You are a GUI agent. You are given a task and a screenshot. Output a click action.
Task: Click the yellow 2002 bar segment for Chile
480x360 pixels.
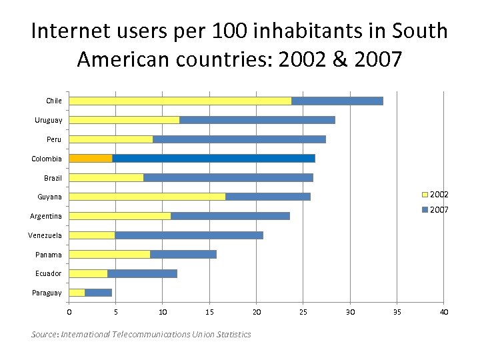[x=180, y=101]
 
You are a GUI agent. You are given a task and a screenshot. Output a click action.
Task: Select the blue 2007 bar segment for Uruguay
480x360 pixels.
[x=257, y=120]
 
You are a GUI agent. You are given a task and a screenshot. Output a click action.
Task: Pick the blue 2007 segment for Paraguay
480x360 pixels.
[x=98, y=293]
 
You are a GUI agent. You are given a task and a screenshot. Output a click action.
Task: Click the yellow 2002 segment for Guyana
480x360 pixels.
[x=147, y=197]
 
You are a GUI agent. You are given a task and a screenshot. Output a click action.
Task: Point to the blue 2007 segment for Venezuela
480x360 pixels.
[x=189, y=235]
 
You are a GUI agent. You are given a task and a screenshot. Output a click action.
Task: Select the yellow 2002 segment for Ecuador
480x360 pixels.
[x=88, y=273]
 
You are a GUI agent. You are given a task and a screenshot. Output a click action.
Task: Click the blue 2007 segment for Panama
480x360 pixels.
[x=183, y=255]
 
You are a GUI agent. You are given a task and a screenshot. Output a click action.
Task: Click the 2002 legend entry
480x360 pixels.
[x=435, y=195]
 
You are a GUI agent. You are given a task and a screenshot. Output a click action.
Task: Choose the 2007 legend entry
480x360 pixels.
[x=435, y=210]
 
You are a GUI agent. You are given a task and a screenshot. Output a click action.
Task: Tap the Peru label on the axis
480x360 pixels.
[x=54, y=139]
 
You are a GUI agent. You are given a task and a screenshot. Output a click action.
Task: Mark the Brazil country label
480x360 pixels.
[x=53, y=178]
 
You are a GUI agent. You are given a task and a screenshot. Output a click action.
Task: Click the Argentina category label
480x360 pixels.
[x=46, y=216]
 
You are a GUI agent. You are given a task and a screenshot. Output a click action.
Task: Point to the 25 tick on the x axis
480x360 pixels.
[x=303, y=312]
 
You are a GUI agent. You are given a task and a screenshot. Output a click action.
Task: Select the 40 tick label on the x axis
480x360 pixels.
[x=444, y=312]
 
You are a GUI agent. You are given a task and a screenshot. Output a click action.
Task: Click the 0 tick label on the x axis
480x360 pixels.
[x=69, y=312]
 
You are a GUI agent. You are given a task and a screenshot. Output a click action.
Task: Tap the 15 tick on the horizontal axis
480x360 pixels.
[x=209, y=312]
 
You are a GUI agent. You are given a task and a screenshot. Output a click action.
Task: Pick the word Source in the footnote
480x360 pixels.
[x=45, y=334]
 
